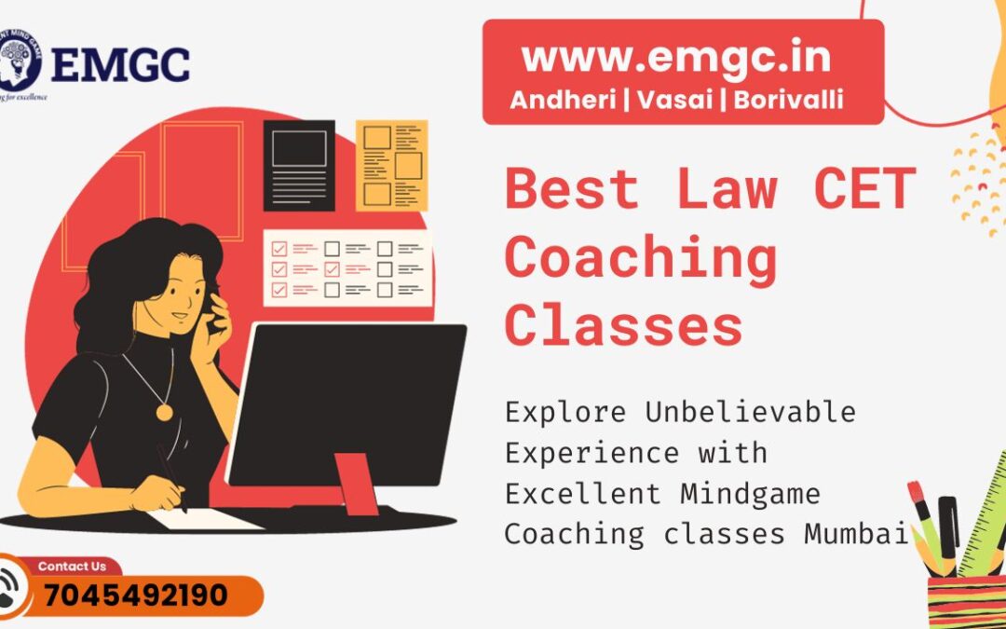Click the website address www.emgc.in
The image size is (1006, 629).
(x=676, y=58)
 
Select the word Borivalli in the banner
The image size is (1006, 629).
(x=788, y=101)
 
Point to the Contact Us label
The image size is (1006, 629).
(x=72, y=566)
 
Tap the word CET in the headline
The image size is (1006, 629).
(x=864, y=188)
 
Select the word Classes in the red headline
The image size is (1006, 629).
(x=624, y=326)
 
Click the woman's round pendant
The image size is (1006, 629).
(x=164, y=411)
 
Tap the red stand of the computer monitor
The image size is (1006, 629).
(x=356, y=483)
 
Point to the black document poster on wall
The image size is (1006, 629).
(x=299, y=165)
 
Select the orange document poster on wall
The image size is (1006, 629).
(x=391, y=165)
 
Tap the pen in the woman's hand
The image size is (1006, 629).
(x=171, y=477)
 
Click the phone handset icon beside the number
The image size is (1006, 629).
(x=13, y=589)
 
